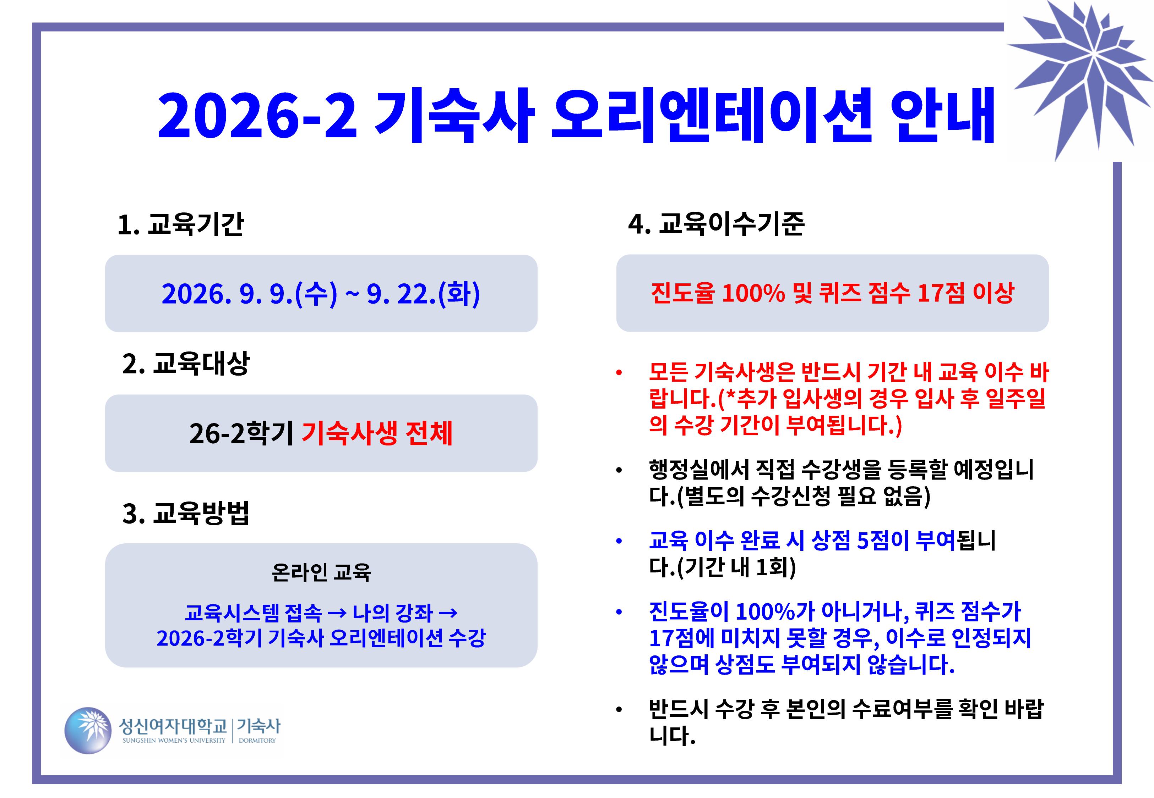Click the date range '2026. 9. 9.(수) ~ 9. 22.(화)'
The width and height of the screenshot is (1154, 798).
321,294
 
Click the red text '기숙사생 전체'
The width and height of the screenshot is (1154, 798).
377,433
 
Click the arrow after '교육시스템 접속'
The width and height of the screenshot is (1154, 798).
336,613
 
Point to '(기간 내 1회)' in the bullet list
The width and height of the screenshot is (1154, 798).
736,567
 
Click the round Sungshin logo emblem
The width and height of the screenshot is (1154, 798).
88,731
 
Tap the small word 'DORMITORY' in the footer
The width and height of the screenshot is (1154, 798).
257,741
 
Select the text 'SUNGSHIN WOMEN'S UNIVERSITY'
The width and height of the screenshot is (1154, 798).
174,741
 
